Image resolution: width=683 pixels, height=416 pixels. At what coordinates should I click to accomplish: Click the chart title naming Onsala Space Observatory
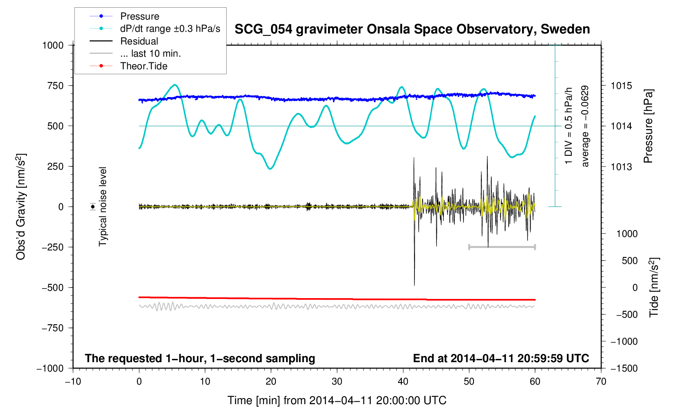point(412,29)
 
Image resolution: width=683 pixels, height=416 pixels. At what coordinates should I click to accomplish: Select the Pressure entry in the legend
point(139,16)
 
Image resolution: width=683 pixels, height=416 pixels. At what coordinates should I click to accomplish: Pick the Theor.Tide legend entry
point(143,66)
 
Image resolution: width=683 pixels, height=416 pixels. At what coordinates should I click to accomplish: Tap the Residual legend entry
point(139,41)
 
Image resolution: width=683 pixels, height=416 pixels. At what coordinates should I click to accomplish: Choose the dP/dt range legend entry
point(170,29)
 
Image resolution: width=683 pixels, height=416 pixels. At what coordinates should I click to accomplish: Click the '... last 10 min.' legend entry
point(150,53)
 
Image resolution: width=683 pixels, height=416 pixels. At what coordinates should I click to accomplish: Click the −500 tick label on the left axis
point(53,288)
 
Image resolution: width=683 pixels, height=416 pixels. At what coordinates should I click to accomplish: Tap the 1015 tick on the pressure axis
point(621,86)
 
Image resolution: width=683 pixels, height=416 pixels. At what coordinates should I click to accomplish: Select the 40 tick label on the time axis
point(403,381)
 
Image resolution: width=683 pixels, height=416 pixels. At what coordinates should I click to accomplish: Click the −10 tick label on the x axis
point(73,381)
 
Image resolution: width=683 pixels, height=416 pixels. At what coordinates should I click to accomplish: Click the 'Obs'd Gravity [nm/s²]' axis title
point(21,207)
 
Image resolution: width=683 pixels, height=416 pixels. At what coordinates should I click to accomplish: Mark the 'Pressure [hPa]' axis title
point(648,126)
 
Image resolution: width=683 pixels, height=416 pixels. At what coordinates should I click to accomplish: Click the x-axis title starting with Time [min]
point(337,401)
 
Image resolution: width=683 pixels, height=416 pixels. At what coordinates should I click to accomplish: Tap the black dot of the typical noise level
point(93,207)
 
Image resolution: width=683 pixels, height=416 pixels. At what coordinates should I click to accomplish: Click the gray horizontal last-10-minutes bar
point(502,247)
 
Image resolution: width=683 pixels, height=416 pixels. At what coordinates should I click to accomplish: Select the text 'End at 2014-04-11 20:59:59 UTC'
point(501,358)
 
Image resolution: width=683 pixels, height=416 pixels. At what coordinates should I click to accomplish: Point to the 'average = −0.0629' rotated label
point(585,126)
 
